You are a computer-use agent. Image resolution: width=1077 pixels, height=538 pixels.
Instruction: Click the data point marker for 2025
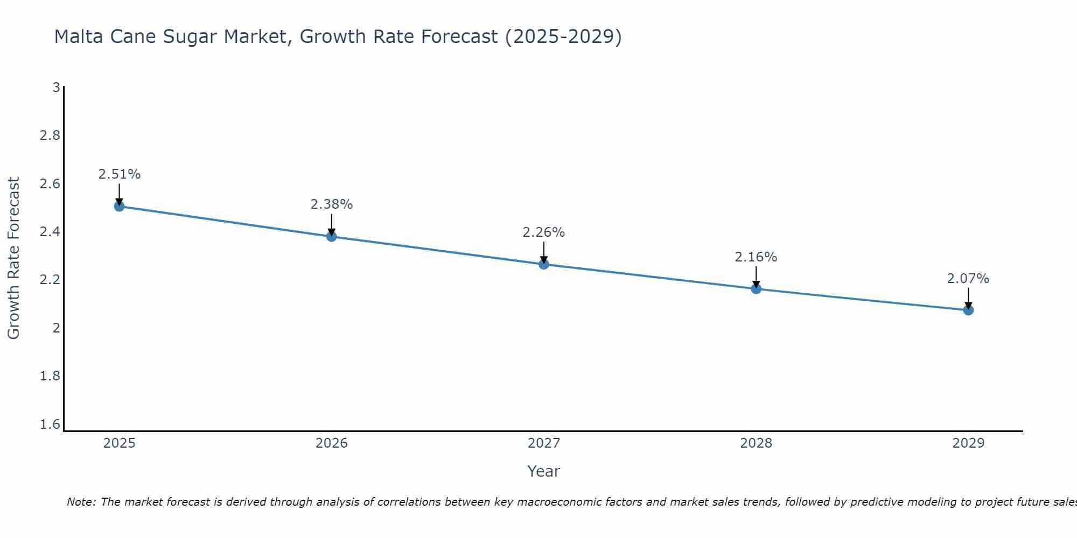coord(120,206)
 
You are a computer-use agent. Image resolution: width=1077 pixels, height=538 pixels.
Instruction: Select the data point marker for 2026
coord(332,236)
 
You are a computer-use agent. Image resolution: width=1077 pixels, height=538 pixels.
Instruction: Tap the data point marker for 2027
coord(544,264)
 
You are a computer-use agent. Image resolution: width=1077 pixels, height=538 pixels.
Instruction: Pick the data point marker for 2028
coord(756,288)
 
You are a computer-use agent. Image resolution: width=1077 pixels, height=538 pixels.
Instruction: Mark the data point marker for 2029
coord(968,310)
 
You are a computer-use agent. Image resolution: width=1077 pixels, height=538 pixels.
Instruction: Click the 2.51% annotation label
coord(120,174)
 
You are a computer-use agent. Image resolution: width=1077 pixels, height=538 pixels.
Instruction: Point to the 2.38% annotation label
coord(332,204)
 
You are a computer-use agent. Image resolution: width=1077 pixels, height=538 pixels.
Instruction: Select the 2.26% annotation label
coord(544,232)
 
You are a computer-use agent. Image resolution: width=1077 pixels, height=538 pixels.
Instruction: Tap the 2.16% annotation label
coord(756,257)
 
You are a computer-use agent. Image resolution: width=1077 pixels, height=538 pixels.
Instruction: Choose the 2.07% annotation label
coord(968,279)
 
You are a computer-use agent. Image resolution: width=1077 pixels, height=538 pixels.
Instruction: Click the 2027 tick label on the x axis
coord(544,443)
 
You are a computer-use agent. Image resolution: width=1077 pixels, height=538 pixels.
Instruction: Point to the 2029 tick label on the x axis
coord(968,443)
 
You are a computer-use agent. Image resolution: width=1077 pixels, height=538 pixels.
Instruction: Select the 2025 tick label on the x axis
coord(120,443)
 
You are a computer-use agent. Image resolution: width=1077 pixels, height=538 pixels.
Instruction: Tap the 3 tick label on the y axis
coord(56,87)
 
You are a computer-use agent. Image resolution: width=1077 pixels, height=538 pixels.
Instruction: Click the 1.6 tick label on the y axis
coord(50,424)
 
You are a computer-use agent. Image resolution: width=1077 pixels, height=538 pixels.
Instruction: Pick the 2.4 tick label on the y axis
coord(50,232)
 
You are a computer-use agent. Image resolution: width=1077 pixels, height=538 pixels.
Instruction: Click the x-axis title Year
coord(544,471)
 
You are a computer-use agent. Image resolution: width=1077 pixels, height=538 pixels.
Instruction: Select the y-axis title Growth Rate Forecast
coord(14,258)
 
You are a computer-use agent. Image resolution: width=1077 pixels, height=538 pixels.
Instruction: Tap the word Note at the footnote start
coord(81,502)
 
